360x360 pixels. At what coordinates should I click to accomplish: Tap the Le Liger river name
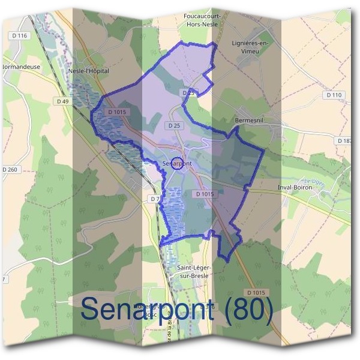(313, 181)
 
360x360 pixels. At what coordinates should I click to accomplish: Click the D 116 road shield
(19, 36)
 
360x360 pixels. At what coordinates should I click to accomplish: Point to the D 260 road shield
(10, 170)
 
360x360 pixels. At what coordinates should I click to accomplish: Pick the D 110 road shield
(334, 95)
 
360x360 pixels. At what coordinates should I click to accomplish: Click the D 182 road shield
(346, 140)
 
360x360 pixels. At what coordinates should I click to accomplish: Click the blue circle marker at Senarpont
(176, 163)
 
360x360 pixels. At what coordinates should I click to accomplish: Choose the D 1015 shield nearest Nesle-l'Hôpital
(116, 112)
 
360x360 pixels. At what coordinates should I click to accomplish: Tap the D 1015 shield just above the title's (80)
(254, 292)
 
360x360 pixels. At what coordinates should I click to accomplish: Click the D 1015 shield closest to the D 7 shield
(205, 194)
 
